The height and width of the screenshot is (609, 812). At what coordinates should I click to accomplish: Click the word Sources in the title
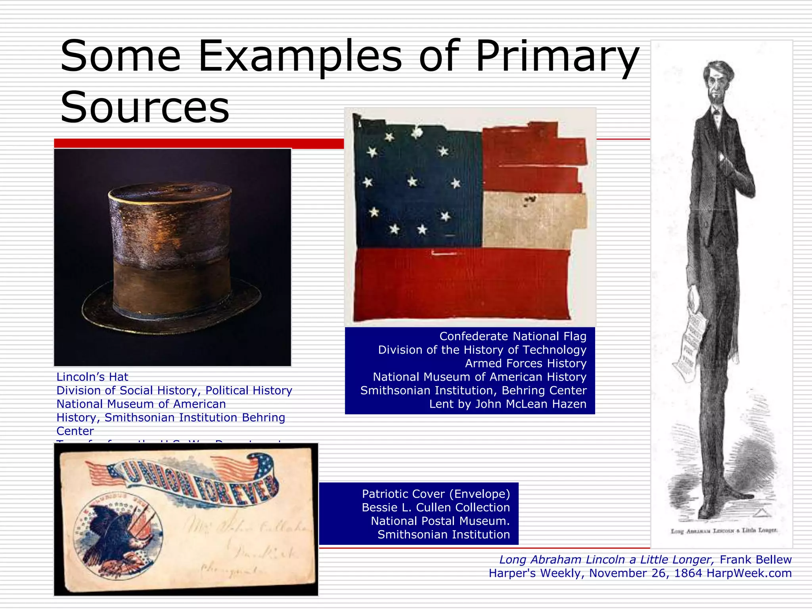coord(145,107)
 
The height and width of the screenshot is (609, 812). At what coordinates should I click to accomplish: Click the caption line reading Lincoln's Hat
coord(92,377)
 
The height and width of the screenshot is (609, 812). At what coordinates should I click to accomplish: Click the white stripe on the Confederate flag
coord(533,220)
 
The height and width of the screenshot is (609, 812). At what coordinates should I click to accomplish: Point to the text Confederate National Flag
coord(513,336)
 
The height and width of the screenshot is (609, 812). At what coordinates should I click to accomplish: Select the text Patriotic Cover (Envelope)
coord(436,494)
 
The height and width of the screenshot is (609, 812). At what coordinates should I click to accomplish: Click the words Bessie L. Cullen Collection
coord(436,507)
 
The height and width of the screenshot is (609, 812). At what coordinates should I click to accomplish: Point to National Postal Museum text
coord(440,521)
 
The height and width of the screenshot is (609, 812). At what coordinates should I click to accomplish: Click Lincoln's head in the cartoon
coord(718,81)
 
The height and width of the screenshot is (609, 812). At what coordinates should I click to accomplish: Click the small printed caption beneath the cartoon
coord(724,530)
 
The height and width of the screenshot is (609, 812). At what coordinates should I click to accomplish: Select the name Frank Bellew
coord(755,559)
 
